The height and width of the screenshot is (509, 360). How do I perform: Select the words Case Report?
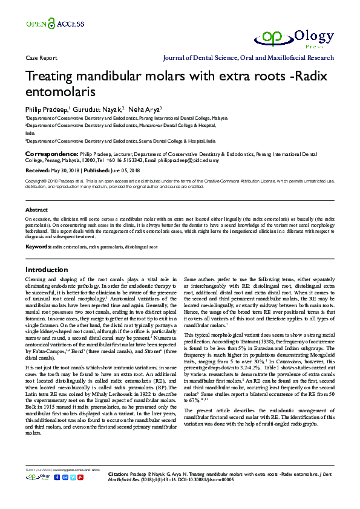(38, 58)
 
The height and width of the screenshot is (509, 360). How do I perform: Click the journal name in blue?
(249, 58)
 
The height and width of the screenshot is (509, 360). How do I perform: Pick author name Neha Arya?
(145, 109)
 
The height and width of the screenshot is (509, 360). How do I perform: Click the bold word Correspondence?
(51, 155)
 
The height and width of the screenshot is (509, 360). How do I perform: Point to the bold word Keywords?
(38, 247)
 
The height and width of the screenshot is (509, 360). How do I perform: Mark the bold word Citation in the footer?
(118, 473)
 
